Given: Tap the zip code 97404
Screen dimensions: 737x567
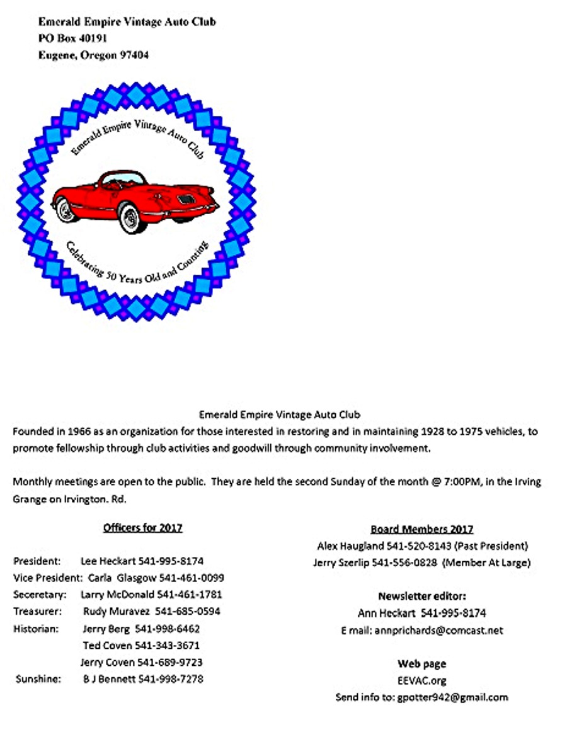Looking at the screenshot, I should (x=134, y=55).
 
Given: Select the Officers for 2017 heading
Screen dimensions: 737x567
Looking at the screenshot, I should (x=142, y=528).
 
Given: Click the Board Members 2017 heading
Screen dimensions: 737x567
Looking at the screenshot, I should (x=421, y=529).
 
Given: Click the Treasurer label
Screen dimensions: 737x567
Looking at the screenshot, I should (x=37, y=611).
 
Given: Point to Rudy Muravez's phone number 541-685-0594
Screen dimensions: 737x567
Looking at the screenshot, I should (x=188, y=611).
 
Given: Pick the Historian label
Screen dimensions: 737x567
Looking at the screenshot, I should (x=36, y=629).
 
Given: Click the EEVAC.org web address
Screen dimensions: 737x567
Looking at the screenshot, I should (x=421, y=681).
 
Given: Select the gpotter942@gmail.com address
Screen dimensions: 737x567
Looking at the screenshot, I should (x=452, y=697).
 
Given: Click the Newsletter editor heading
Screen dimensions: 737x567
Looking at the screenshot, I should (x=421, y=596).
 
